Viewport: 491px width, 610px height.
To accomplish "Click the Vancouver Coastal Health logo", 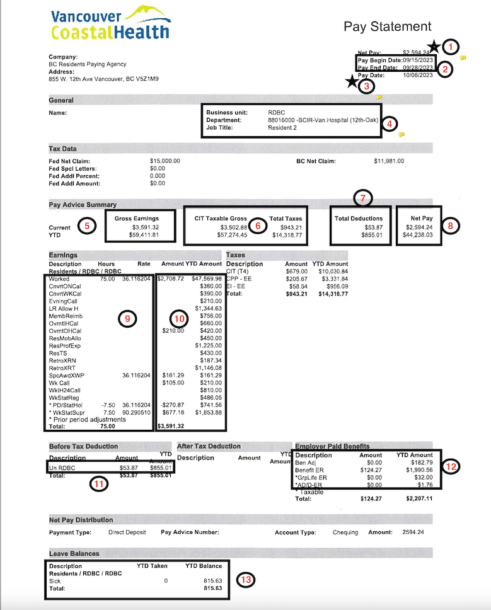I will (110, 23).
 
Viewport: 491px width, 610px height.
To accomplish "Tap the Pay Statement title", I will (387, 26).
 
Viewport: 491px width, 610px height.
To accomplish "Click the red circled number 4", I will (390, 124).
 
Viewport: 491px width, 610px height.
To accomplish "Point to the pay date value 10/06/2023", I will (419, 76).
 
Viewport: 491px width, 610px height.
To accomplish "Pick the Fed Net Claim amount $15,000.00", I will (165, 161).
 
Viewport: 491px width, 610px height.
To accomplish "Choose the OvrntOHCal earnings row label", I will (65, 331).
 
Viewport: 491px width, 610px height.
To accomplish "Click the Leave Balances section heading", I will (74, 553).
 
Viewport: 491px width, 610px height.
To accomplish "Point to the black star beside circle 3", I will (350, 81).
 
